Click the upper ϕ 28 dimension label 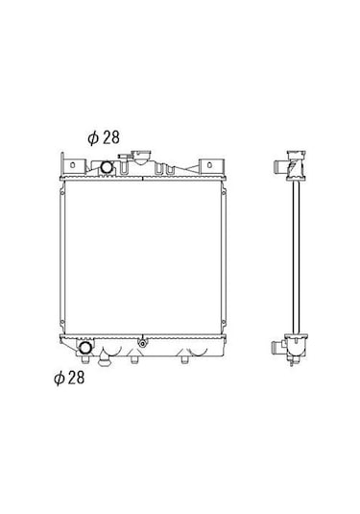(104, 137)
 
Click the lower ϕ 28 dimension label (69, 378)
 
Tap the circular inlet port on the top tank (107, 167)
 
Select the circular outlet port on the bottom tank (85, 348)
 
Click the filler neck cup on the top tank (141, 157)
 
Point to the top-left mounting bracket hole (72, 165)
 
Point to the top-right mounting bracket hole (209, 165)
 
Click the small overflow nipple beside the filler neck (124, 157)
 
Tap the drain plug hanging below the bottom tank (105, 360)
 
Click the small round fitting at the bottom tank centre (142, 344)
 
